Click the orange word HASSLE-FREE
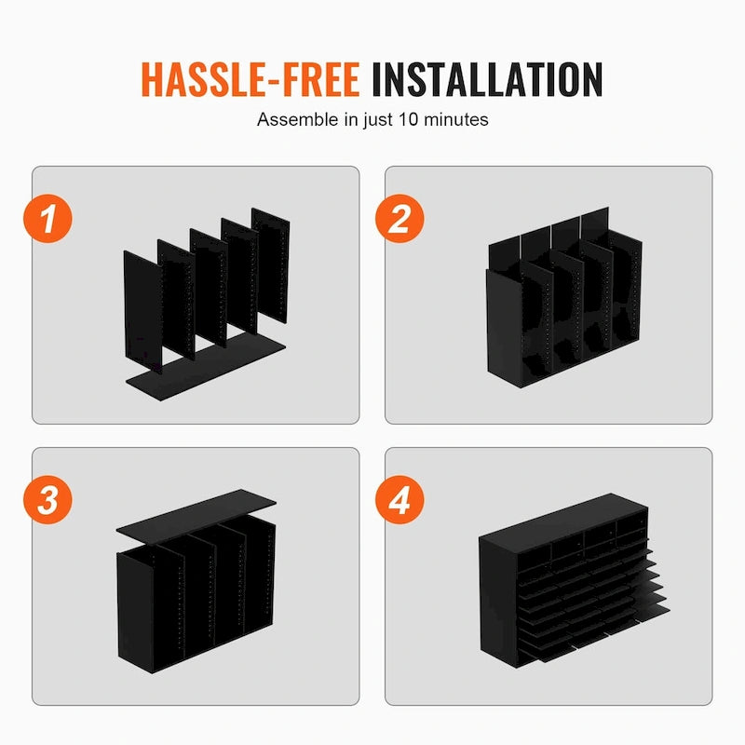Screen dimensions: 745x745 click(x=250, y=79)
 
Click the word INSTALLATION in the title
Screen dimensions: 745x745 click(x=487, y=79)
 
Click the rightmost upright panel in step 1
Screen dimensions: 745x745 click(x=272, y=266)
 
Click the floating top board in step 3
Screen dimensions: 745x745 click(x=196, y=512)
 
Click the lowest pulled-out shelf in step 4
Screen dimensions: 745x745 click(x=605, y=643)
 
